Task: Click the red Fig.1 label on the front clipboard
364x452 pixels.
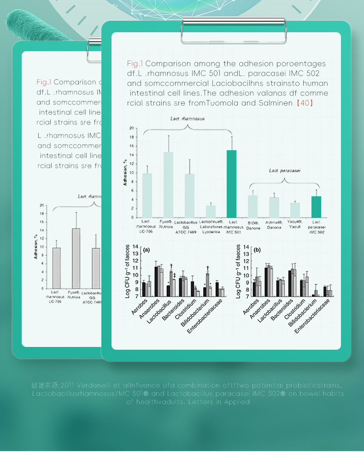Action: [135, 64]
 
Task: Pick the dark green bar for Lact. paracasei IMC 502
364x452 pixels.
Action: [316, 207]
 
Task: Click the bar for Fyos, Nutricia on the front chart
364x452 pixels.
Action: [168, 184]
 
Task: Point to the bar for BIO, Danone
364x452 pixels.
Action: [253, 206]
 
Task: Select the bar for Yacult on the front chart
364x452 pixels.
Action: [295, 210]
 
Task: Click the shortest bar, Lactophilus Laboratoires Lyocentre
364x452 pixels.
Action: [211, 211]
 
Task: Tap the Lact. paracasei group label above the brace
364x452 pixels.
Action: [285, 170]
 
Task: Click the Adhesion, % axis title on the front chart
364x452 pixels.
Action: [125, 172]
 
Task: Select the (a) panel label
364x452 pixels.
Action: [147, 250]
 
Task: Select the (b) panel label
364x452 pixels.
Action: [257, 250]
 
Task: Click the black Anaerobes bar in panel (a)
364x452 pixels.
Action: [156, 282]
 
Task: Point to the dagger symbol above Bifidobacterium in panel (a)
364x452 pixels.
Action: [208, 268]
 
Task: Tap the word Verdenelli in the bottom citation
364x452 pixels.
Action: [95, 385]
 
